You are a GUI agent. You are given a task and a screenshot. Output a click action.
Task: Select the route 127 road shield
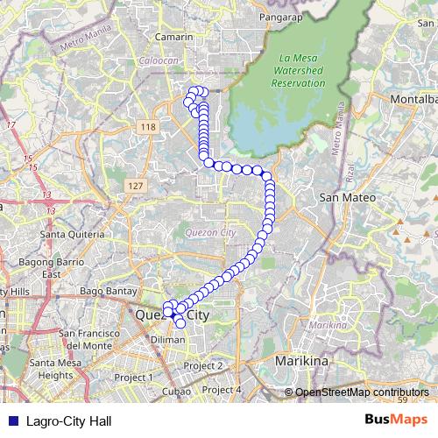tap(134, 187)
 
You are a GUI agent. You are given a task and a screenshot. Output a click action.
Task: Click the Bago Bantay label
tap(104, 290)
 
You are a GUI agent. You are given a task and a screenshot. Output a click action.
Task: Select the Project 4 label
tap(221, 390)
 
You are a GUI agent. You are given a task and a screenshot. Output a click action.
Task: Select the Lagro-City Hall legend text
tap(69, 420)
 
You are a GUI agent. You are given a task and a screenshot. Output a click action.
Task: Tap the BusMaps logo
tap(395, 420)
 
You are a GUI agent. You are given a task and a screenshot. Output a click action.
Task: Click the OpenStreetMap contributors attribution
tap(362, 392)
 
